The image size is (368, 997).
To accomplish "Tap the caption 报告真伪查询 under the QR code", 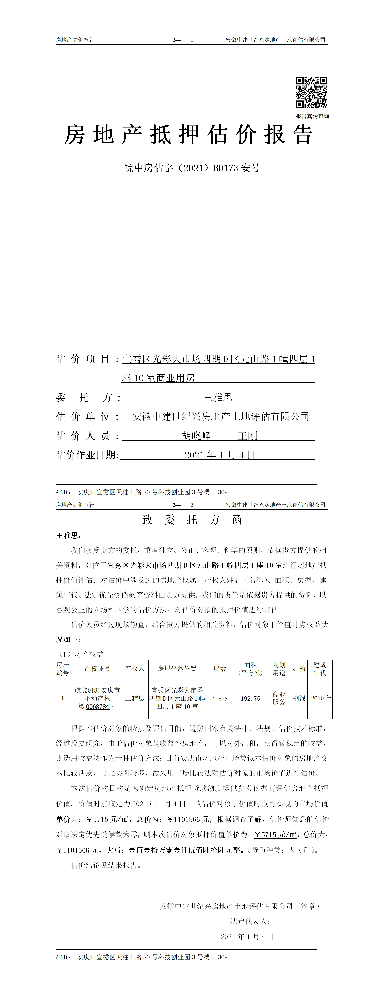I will pyautogui.click(x=312, y=116).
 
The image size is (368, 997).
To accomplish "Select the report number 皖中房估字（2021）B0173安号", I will pyautogui.click(x=192, y=168).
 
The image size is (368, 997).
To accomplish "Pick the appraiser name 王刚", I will pyautogui.click(x=248, y=436).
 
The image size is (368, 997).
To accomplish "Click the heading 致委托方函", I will pyautogui.click(x=192, y=520).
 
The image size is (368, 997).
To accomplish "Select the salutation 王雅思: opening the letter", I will pyautogui.click(x=68, y=536).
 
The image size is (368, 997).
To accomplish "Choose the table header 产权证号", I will pyautogui.click(x=97, y=669).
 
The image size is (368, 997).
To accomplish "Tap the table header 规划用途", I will pyautogui.click(x=279, y=669).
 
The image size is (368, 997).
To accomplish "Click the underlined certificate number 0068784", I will pyautogui.click(x=98, y=706).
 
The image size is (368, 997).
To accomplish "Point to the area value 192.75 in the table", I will pyautogui.click(x=250, y=699).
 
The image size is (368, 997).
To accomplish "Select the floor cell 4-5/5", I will pyautogui.click(x=220, y=699).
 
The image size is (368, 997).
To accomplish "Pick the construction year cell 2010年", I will pyautogui.click(x=321, y=698).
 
